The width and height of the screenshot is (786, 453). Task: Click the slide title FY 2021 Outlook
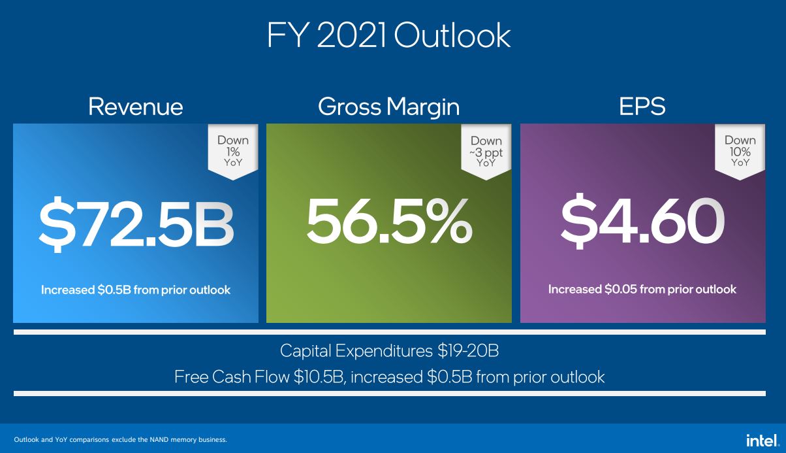tap(388, 36)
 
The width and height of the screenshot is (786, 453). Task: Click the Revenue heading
tap(136, 107)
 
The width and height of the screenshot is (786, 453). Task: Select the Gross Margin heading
tap(388, 107)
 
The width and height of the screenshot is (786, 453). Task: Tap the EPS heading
tap(642, 107)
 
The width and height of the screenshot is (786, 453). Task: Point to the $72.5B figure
tap(136, 222)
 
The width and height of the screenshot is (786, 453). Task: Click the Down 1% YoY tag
tap(233, 150)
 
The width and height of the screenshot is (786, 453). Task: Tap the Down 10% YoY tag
tap(740, 150)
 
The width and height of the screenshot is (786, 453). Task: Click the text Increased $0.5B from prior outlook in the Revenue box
tap(136, 290)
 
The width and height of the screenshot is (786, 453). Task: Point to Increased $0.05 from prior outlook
tap(642, 289)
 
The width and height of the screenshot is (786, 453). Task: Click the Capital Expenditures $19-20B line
tap(389, 351)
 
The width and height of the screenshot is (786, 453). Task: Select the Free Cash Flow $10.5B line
tap(389, 377)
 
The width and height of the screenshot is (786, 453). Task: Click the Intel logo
tap(762, 439)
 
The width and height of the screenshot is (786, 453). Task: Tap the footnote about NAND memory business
tap(121, 439)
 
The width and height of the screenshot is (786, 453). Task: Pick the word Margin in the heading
tap(426, 107)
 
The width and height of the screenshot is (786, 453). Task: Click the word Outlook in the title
tap(452, 36)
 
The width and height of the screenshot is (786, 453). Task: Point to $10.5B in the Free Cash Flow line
tap(319, 377)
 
